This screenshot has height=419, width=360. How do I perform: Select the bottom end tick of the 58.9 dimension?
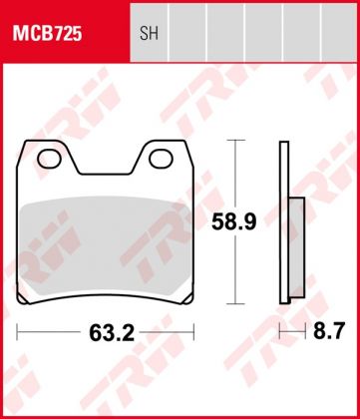pos(235,302)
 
